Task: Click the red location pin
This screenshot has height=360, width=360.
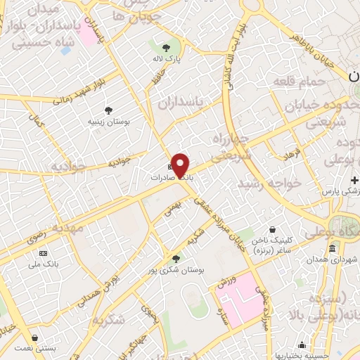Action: pos(181,166)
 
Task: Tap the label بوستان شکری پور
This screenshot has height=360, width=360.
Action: pos(176,270)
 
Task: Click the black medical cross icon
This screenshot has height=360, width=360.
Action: pos(355,180)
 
